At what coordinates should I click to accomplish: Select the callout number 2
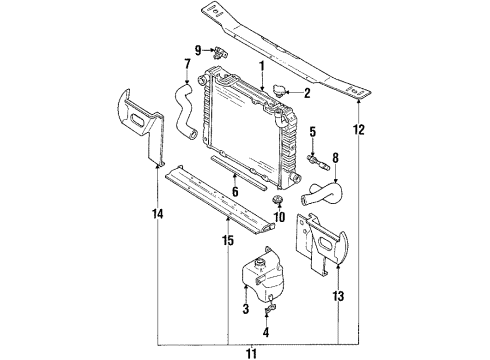306,96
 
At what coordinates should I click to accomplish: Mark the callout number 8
335,157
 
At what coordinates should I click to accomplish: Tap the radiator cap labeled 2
281,93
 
